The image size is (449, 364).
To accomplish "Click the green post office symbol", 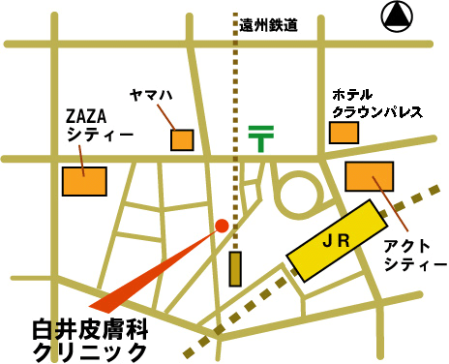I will click(259, 137).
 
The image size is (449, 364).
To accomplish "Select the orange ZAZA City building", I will click(83, 181).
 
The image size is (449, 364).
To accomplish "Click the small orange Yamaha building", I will click(182, 139).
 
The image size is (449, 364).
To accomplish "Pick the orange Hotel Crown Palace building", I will click(344, 132).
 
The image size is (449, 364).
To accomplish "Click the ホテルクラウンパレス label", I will click(377, 104).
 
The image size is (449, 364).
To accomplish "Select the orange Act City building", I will click(370, 176).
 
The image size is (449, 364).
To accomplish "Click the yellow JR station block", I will click(333, 241).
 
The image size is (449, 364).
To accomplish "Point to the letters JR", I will click(334, 240).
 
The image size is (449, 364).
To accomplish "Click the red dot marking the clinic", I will click(222, 226).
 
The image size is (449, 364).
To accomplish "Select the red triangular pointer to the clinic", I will click(155, 271).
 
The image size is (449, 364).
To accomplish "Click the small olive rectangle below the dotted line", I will click(234, 268).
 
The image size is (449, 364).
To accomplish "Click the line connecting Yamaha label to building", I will click(166, 118).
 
